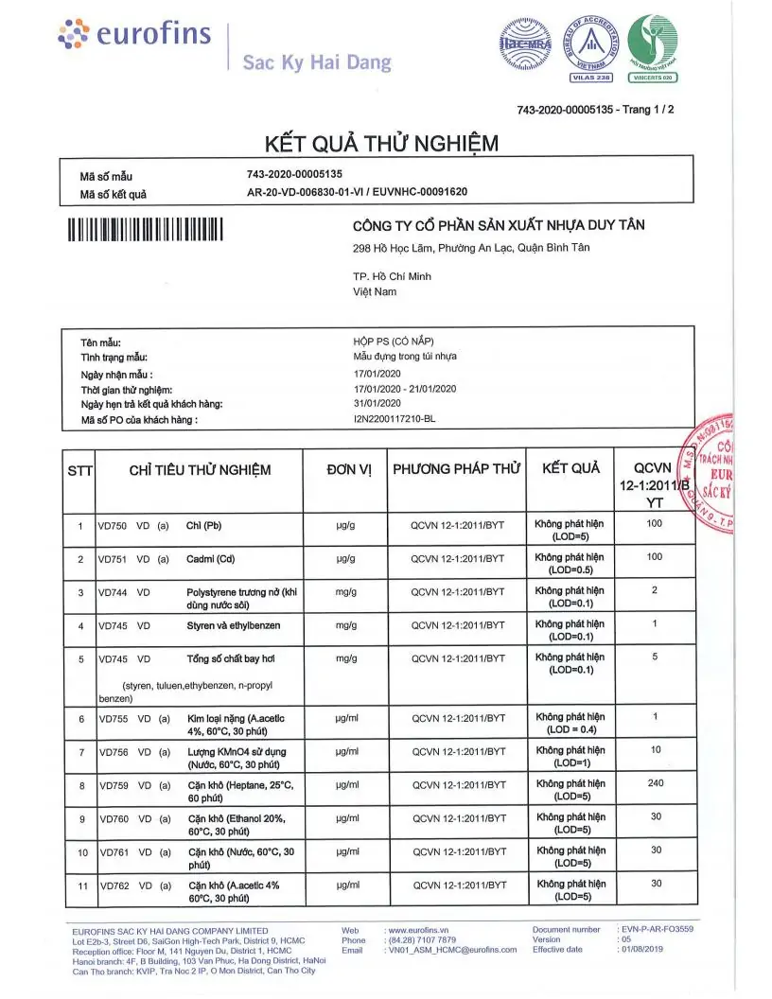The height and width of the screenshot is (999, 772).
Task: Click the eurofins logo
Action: pos(132,35)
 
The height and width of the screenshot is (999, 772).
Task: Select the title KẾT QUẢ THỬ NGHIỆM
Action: pos(382,143)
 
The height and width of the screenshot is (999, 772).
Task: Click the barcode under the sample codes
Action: pos(145,230)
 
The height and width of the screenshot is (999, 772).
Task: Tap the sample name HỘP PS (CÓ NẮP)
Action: pos(393,342)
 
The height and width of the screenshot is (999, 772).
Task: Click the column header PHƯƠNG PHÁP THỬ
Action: pos(457,469)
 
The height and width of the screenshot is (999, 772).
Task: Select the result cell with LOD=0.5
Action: pos(570,564)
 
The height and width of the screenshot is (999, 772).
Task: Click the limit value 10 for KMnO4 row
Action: pos(655,749)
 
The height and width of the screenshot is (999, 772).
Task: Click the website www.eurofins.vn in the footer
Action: pos(417,930)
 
